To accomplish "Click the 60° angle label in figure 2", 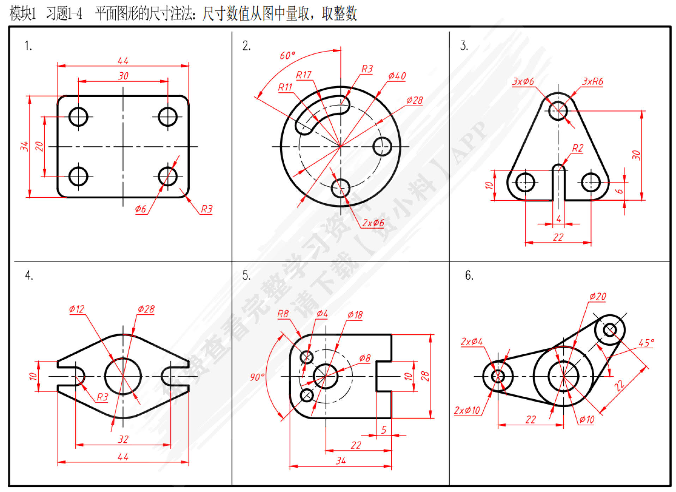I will (287, 56).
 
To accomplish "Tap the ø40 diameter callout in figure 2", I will (397, 76).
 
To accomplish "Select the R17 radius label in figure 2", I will (303, 75).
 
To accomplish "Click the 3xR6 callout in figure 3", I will (592, 82).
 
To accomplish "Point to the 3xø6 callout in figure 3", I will (523, 82).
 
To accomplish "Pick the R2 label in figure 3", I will (578, 148).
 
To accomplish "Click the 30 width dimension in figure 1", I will (123, 76).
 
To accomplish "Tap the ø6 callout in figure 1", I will (140, 209).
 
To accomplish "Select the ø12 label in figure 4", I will (77, 309).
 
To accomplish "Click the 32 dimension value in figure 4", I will (123, 439).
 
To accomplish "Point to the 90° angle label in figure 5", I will (257, 377).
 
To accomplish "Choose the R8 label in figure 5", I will (283, 314).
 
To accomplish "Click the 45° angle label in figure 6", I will (646, 343).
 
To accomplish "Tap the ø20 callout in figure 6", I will (598, 296).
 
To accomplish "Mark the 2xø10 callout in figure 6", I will (467, 410).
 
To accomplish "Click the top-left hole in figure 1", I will (78, 117).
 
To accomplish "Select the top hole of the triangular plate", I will (558, 111).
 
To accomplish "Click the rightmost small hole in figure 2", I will (382, 146).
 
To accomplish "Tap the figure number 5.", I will (246, 275).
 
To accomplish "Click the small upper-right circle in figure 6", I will (610, 330).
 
